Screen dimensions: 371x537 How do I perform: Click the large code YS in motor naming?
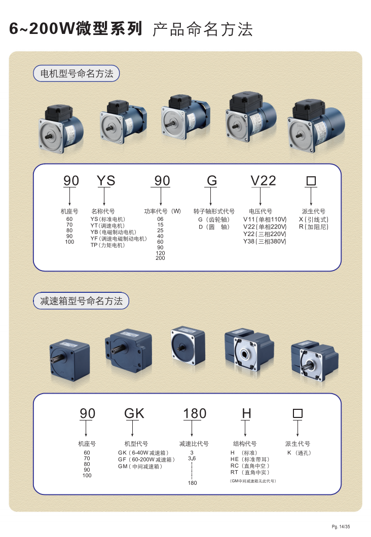click(x=106, y=180)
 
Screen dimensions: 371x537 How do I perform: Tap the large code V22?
click(x=263, y=180)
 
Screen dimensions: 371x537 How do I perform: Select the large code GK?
click(x=134, y=413)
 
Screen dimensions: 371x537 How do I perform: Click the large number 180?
click(x=195, y=413)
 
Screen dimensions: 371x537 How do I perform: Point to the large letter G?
click(x=212, y=180)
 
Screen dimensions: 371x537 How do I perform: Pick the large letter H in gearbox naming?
click(x=247, y=413)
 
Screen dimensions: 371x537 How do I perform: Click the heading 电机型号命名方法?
click(x=77, y=73)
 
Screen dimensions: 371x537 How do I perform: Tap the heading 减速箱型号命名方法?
click(x=81, y=301)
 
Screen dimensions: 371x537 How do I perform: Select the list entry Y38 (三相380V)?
click(x=265, y=241)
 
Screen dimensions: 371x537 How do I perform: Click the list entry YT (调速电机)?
click(x=107, y=225)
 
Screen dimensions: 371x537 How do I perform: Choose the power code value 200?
click(x=160, y=258)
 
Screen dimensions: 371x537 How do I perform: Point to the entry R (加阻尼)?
click(x=314, y=227)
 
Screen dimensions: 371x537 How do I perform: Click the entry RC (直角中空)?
click(x=250, y=466)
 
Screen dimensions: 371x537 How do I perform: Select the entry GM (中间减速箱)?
click(x=140, y=467)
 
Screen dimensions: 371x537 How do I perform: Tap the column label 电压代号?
click(x=261, y=211)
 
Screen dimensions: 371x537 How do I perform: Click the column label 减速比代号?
click(x=194, y=444)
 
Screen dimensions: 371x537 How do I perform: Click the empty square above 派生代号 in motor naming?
click(x=311, y=180)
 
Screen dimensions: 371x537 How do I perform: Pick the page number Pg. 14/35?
click(x=341, y=527)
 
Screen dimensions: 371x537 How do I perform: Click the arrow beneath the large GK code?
click(x=133, y=428)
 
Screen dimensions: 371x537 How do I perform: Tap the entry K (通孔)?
click(x=299, y=453)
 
